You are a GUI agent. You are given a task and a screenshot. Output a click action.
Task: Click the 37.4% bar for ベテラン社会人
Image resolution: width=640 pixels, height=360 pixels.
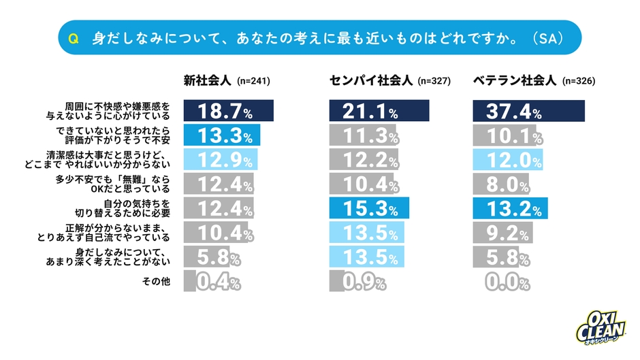pyautogui.click(x=528, y=111)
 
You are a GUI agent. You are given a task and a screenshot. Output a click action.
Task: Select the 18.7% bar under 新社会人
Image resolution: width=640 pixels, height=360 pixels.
pyautogui.click(x=228, y=111)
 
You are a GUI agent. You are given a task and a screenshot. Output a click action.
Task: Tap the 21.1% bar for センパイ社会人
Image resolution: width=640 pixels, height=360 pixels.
pyautogui.click(x=379, y=111)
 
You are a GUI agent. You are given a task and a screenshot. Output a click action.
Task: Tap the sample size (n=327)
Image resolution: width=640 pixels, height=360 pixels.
pyautogui.click(x=434, y=81)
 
